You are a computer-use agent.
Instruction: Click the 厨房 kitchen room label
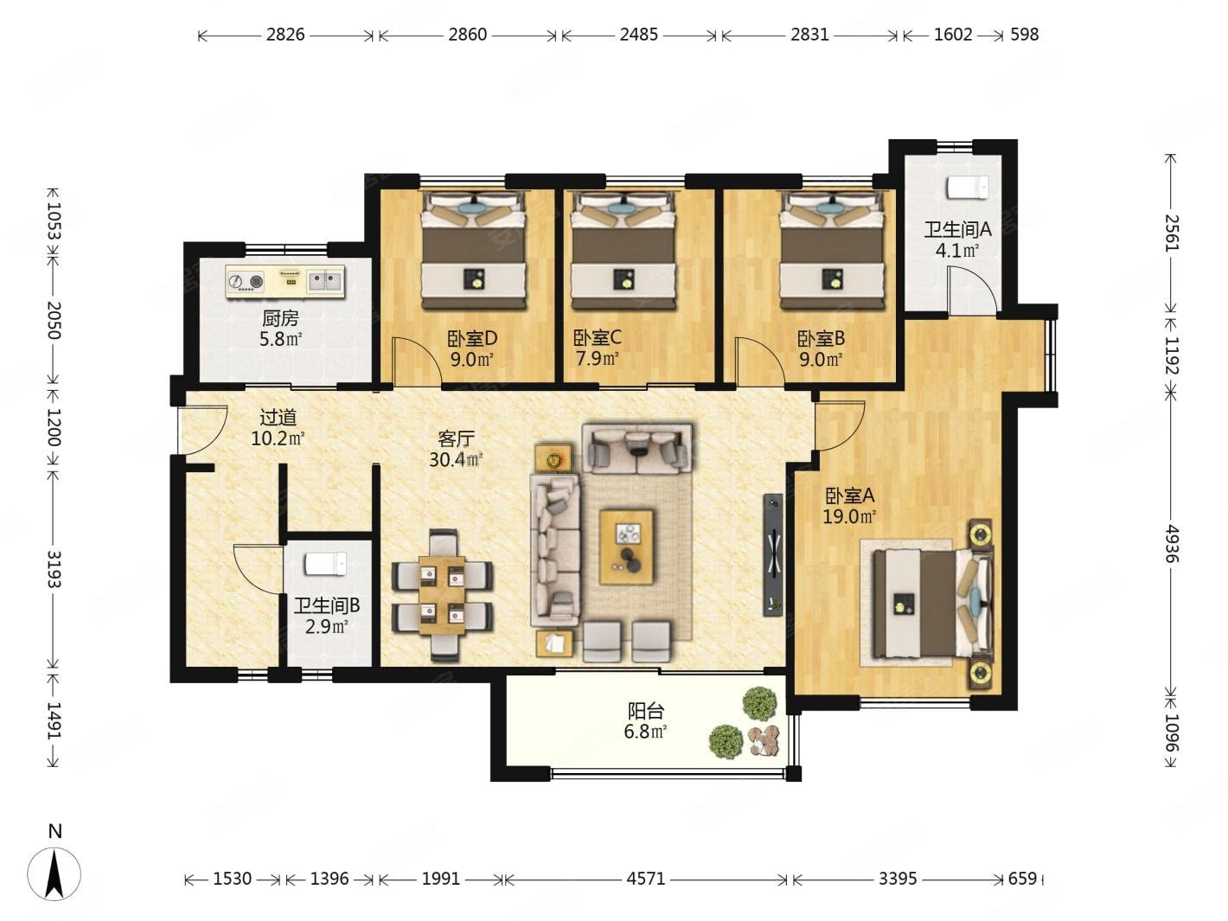click(x=280, y=319)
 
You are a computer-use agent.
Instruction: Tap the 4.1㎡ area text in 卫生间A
click(x=957, y=251)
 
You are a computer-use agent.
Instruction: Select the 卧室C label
click(x=597, y=337)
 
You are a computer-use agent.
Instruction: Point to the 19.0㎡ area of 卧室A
click(x=848, y=516)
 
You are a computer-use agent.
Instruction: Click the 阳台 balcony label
click(x=646, y=712)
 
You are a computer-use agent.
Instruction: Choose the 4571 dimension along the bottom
click(x=646, y=879)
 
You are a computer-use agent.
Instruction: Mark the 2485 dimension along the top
click(x=638, y=35)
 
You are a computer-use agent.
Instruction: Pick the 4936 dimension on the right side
click(x=1170, y=544)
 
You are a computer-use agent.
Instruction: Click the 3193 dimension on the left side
click(x=54, y=569)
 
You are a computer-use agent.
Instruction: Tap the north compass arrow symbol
click(x=54, y=875)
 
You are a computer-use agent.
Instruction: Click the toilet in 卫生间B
click(x=326, y=564)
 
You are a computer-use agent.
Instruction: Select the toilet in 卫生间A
click(x=968, y=187)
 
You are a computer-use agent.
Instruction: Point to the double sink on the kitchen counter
click(x=325, y=280)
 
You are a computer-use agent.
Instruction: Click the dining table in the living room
click(x=442, y=596)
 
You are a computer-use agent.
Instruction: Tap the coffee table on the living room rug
click(x=627, y=547)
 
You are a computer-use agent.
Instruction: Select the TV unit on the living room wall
click(x=773, y=555)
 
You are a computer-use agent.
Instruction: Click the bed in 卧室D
click(x=474, y=250)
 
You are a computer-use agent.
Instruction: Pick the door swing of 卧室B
click(x=757, y=361)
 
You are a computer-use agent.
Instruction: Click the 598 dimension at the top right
click(x=1025, y=35)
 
